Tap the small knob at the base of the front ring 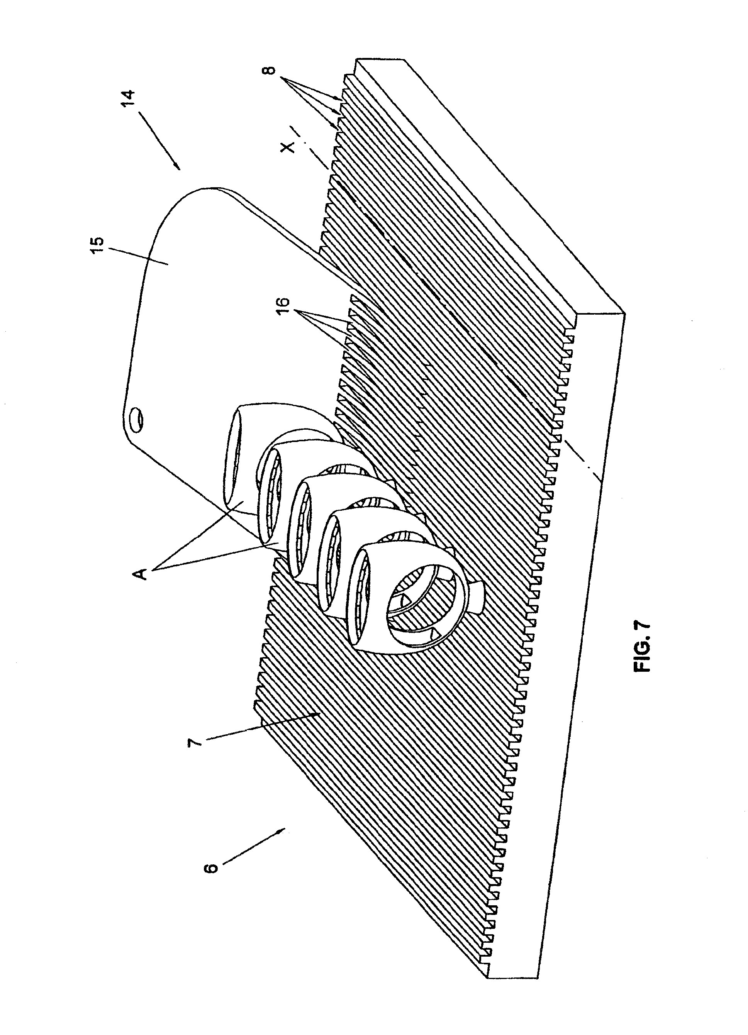(477, 593)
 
